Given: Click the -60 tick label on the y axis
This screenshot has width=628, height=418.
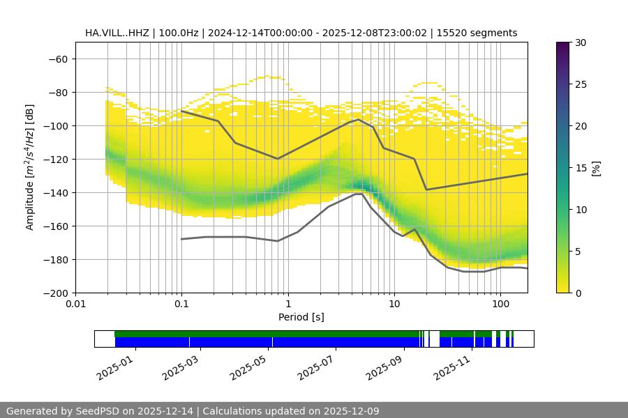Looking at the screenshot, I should click(58, 59).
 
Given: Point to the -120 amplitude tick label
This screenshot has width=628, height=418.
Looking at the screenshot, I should click(55, 160).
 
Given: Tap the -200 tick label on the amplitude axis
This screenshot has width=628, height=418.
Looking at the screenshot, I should click(55, 293).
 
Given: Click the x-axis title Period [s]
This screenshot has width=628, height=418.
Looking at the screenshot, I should click(301, 318).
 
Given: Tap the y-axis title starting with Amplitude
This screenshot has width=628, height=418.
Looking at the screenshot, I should click(30, 168).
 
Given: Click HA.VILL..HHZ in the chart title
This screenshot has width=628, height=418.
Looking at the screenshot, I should click(116, 33).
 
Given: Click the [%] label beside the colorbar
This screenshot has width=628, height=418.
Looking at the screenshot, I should click(596, 168).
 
